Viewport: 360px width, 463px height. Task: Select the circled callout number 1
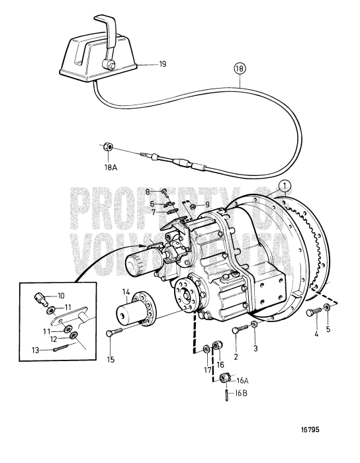point(283,186)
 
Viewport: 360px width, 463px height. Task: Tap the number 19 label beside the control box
point(144,64)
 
